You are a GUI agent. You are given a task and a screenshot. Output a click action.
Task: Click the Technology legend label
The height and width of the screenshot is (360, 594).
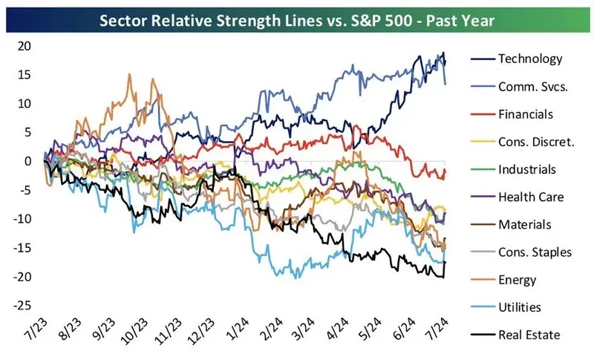coord(530,59)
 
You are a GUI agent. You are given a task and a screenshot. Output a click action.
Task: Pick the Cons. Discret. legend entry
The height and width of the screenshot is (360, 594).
coord(536,142)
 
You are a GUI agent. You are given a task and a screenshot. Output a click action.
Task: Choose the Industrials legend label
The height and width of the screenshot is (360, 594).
coord(527,169)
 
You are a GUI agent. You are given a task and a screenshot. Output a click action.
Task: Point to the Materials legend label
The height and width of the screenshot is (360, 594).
coord(526,225)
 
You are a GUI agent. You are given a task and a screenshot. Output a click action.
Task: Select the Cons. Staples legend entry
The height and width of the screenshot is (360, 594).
coord(535,252)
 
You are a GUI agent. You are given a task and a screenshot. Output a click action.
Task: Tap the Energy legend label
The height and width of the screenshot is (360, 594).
coord(518,280)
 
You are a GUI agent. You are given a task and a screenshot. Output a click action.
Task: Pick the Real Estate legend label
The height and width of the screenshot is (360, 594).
coord(529,336)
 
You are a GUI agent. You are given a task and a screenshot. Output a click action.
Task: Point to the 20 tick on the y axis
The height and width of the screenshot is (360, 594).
coord(25,46)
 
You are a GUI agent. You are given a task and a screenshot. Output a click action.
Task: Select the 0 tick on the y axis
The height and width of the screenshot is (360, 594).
coord(28,161)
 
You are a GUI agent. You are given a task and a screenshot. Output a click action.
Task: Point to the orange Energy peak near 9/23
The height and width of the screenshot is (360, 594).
coord(130,74)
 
